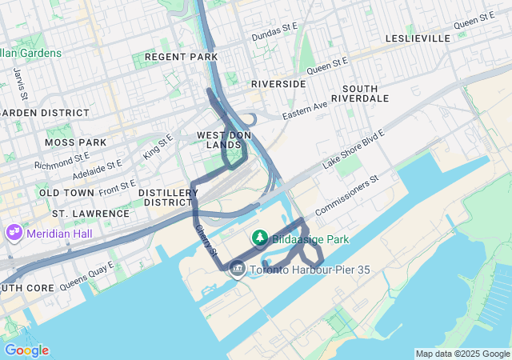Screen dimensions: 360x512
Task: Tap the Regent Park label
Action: (170, 57)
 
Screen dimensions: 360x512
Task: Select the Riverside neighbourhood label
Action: (278, 83)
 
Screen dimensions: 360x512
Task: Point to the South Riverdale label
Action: (366, 93)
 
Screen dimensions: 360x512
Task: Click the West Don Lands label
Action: (224, 140)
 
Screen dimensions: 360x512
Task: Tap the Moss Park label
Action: (76, 142)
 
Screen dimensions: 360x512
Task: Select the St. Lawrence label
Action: (90, 214)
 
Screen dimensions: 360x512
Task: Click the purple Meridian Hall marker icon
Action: (14, 232)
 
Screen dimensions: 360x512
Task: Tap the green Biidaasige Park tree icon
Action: (259, 238)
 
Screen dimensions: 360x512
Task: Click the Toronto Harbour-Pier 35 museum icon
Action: (237, 270)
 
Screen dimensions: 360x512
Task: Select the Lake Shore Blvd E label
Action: (354, 150)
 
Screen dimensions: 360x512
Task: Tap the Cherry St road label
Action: (206, 239)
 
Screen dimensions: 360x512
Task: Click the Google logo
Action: (26, 350)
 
